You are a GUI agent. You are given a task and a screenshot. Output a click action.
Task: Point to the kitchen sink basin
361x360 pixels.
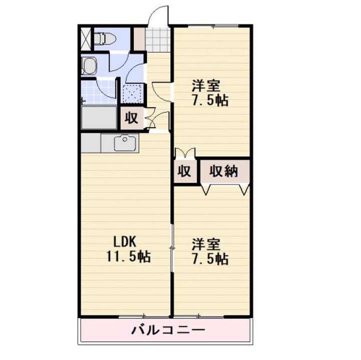123,144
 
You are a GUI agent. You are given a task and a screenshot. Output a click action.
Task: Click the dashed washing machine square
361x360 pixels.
132,94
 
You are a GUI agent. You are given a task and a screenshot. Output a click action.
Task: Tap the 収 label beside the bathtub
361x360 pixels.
131,119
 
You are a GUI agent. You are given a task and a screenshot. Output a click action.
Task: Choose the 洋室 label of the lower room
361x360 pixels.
206,245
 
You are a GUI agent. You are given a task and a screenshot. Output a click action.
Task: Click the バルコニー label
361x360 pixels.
168,330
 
